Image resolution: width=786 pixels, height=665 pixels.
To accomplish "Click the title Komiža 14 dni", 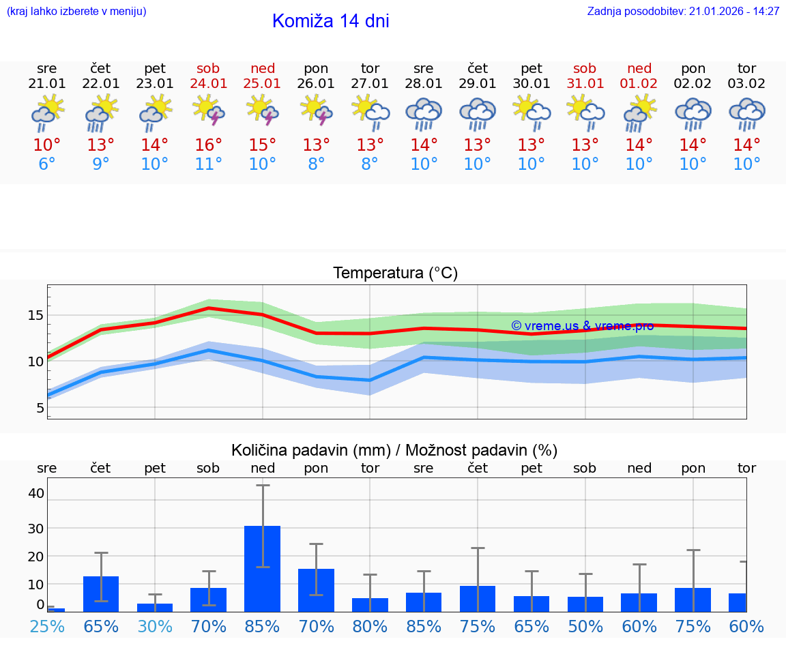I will pos(330,21).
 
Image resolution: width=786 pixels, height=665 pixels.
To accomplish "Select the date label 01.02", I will pos(639,84).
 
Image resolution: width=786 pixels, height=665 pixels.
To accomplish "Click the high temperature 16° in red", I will pos(209,145).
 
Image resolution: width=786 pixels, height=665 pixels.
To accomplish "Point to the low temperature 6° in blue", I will pos(47,164).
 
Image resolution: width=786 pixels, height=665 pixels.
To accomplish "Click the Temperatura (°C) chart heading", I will pos(395,274).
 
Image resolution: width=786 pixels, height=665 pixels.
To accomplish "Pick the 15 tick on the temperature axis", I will pos(36,315).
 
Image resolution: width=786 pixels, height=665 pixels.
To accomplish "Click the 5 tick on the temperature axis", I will pos(40,408).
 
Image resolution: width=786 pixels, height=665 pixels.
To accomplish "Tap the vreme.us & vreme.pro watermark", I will pos(582,326).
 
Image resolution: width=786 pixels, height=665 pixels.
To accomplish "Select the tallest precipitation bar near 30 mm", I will pos(263,568).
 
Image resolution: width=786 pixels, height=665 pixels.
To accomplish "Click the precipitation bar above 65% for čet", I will pos(101,593).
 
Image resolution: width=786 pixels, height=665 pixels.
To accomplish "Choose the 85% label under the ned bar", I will pos(263,626).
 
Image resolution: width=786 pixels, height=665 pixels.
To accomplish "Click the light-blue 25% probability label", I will pos(47,626).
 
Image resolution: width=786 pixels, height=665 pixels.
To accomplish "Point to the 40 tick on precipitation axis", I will pos(36,493).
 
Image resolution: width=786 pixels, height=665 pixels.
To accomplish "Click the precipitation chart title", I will pos(394,450).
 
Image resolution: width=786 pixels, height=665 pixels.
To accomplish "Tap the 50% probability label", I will pos(585,626).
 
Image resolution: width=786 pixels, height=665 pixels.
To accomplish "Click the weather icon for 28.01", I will pos(424,113).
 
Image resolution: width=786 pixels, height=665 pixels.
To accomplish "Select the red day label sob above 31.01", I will pos(585,68).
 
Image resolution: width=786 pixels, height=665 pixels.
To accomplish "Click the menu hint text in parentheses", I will pos(76,11).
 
